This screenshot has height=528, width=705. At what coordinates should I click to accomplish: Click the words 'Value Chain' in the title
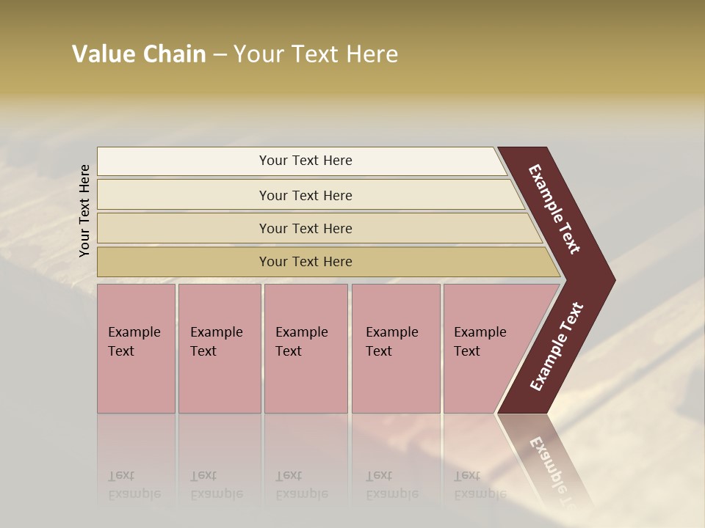[139, 54]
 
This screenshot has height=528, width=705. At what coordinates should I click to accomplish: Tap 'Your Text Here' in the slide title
[316, 54]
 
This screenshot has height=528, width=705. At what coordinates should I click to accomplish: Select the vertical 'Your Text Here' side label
[84, 210]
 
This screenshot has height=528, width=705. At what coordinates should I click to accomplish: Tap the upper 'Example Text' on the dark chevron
[555, 210]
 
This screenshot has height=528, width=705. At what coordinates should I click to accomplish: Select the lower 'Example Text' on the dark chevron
[557, 346]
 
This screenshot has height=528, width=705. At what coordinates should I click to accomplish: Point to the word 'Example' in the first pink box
[134, 332]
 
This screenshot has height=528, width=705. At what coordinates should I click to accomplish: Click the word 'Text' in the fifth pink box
[466, 351]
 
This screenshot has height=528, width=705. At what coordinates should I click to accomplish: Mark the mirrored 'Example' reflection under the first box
[134, 494]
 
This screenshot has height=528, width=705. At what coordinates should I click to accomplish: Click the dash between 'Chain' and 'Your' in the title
[220, 55]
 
